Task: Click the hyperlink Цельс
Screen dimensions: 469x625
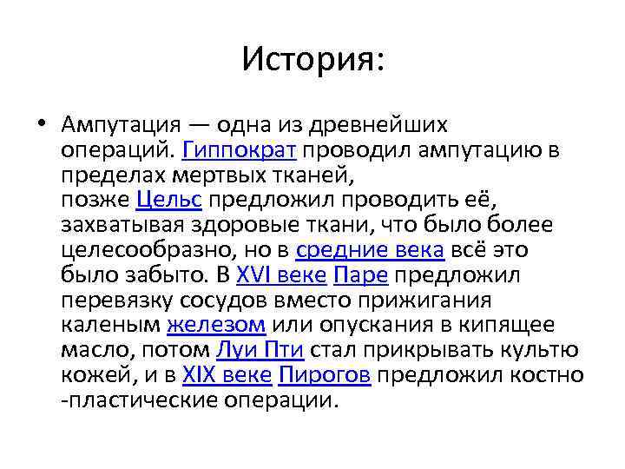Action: click(x=169, y=201)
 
